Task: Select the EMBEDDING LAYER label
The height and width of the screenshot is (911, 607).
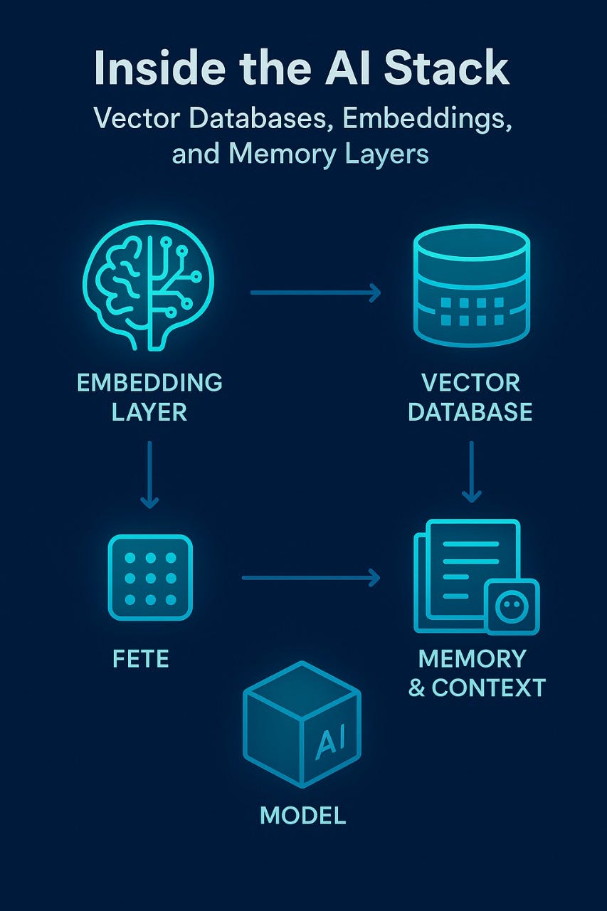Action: [149, 396]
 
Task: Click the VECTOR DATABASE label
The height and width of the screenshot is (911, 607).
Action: [470, 396]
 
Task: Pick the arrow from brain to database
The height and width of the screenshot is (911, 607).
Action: [315, 292]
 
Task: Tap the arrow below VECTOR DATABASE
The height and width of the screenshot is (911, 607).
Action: [471, 471]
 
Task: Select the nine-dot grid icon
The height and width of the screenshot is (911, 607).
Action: [150, 578]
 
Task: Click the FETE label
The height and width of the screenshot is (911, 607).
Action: [141, 658]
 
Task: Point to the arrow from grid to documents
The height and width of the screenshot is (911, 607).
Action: [311, 578]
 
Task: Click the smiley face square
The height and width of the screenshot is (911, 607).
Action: [512, 606]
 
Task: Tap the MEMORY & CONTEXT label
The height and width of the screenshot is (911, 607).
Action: [476, 673]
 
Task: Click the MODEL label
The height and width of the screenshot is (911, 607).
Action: [303, 815]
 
